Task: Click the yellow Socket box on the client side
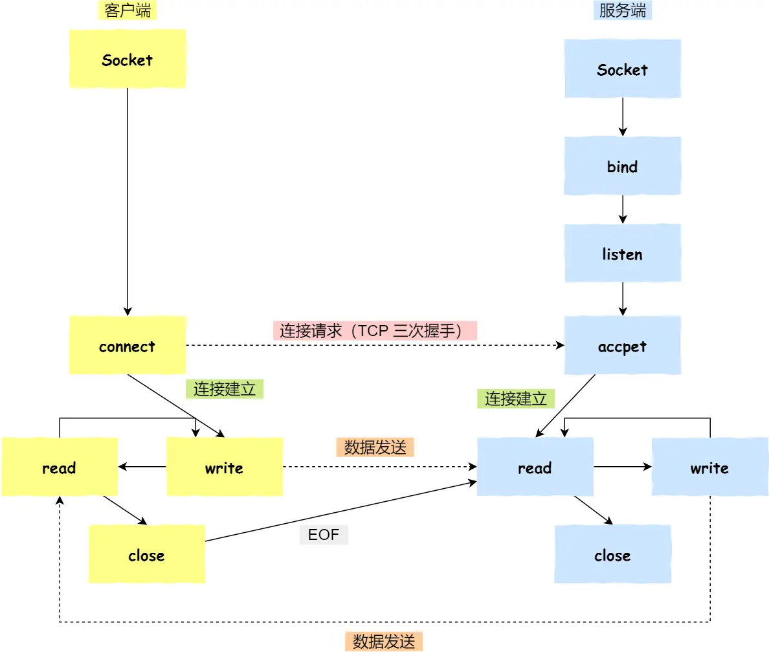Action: [x=128, y=59]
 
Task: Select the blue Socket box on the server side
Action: [x=622, y=69]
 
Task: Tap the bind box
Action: [x=622, y=166]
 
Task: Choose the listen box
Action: [x=622, y=253]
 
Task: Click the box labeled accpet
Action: [x=622, y=346]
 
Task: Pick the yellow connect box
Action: [x=128, y=346]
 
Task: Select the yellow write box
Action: [x=224, y=467]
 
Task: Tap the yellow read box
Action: [x=59, y=467]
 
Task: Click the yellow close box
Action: [x=146, y=554]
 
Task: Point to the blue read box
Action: [x=535, y=467]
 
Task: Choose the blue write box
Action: [x=709, y=467]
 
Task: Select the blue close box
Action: [x=612, y=554]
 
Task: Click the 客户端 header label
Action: [x=128, y=10]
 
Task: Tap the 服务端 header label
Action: [x=622, y=10]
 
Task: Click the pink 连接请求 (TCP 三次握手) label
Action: [x=375, y=331]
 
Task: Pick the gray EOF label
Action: [x=324, y=535]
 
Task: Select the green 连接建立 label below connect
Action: [x=225, y=389]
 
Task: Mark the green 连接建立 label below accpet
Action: [x=516, y=399]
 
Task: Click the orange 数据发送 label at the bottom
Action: [x=383, y=642]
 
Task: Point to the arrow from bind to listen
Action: [x=622, y=208]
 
